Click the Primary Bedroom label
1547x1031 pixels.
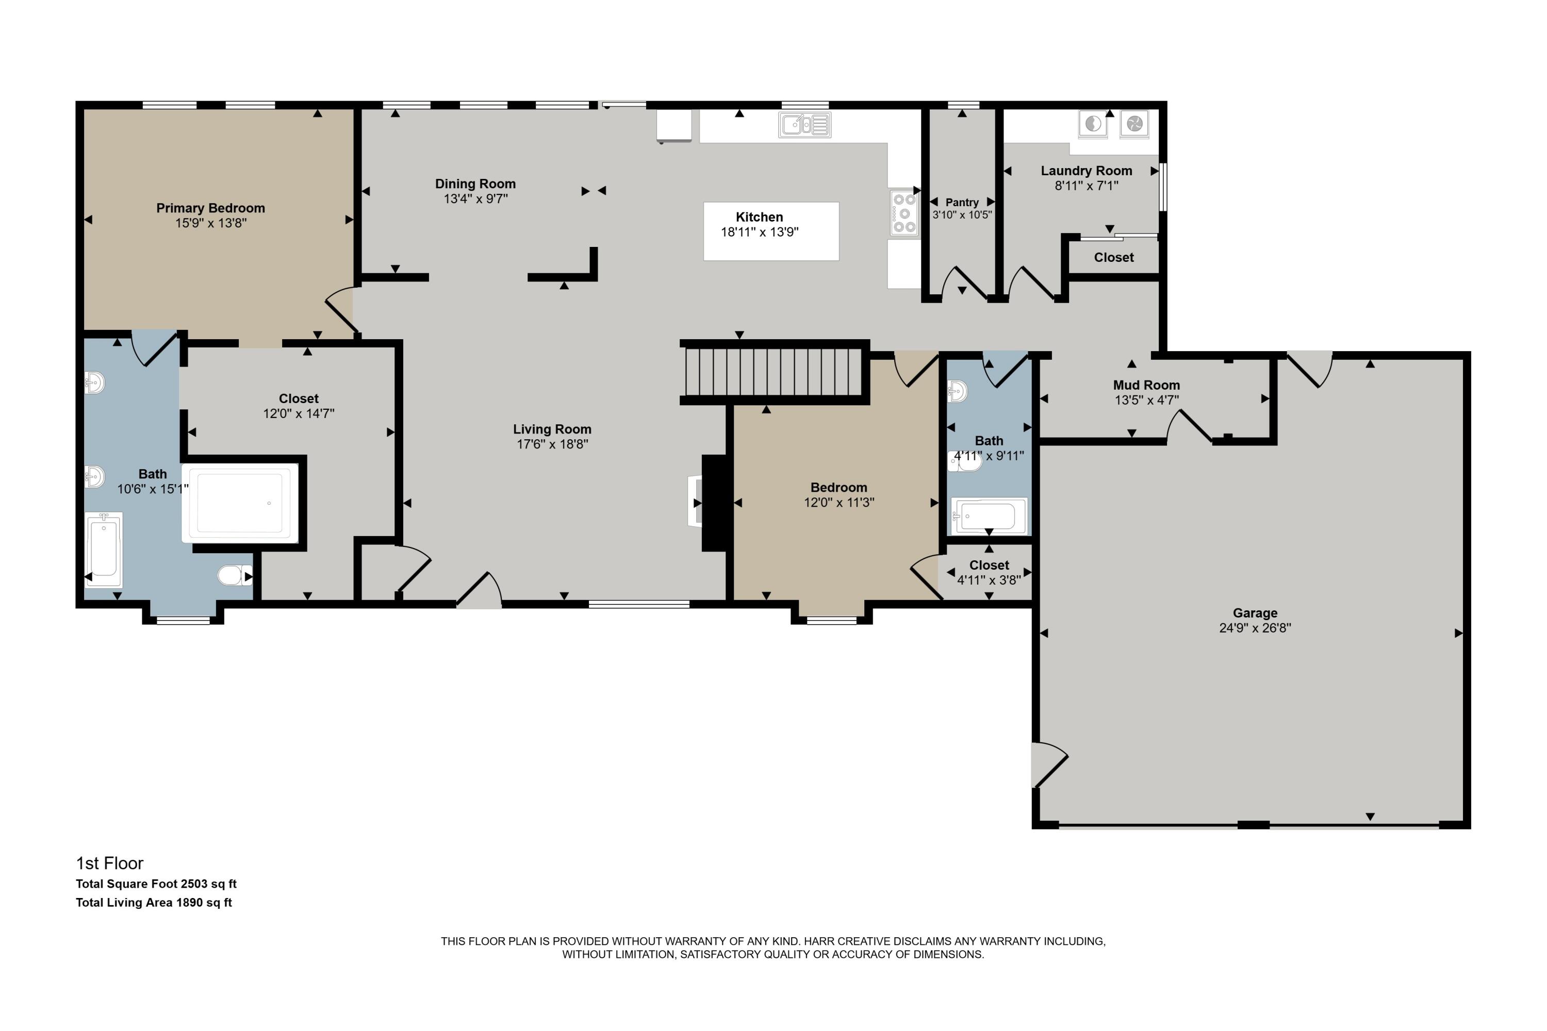click(210, 208)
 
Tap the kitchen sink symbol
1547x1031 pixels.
click(804, 124)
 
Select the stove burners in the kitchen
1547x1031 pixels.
click(904, 212)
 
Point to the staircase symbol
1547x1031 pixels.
click(774, 372)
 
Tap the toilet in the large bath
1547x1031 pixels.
click(234, 576)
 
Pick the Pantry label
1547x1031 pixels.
click(962, 203)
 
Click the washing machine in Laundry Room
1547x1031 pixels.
click(1093, 124)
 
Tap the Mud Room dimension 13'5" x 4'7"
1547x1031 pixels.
click(1146, 400)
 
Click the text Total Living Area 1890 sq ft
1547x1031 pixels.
click(154, 903)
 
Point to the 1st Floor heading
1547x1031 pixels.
click(109, 863)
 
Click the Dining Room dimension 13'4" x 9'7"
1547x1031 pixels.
click(475, 198)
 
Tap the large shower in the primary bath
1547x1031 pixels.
click(241, 502)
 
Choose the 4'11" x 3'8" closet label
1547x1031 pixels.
click(988, 580)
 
